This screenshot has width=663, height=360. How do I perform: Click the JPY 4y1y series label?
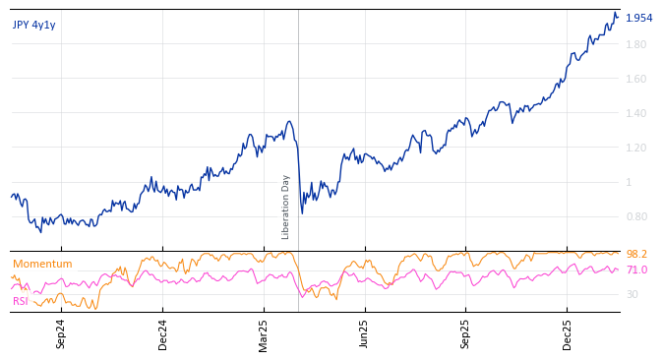[x=34, y=25]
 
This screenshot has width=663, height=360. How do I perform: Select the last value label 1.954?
[x=638, y=18]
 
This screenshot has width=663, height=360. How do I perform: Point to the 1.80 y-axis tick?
[x=635, y=45]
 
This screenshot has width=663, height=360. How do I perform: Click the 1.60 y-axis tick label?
[x=635, y=80]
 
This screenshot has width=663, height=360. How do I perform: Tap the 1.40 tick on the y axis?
[x=635, y=114]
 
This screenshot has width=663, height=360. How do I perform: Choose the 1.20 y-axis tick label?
[x=635, y=149]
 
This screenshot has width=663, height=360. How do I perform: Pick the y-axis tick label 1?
[x=629, y=183]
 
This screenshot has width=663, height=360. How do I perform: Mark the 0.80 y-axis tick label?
[x=635, y=217]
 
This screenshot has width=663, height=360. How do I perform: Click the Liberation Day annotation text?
[x=286, y=207]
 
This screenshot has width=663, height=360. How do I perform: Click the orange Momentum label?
[x=42, y=264]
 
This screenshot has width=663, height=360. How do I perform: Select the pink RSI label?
[x=21, y=301]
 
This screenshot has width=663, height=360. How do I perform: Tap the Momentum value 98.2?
[x=636, y=255]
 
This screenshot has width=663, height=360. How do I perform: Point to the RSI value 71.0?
[x=636, y=270]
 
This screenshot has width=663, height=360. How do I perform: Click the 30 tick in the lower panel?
[x=632, y=294]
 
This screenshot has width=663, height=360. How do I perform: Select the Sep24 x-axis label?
[x=61, y=333]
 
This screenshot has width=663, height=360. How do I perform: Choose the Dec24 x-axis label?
[x=162, y=333]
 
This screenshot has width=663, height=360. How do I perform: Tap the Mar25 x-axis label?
[x=264, y=333]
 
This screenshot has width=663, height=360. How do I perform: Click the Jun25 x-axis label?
[x=364, y=333]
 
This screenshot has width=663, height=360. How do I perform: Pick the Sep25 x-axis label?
[x=465, y=333]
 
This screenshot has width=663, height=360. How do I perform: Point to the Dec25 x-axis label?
[x=567, y=333]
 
